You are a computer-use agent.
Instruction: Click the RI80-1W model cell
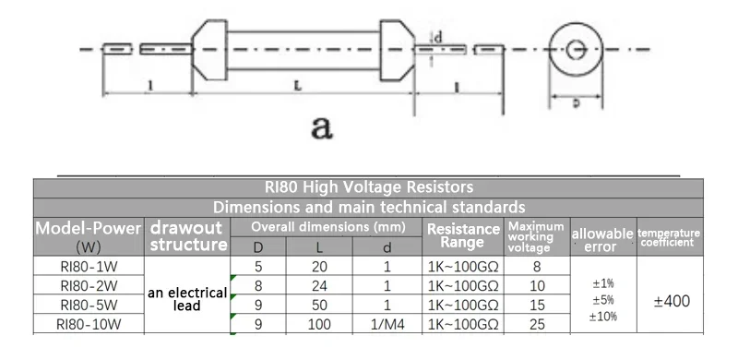[89, 267]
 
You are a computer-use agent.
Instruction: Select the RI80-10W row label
[89, 324]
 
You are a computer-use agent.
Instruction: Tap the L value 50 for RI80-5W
[319, 305]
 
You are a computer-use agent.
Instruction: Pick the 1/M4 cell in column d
[387, 324]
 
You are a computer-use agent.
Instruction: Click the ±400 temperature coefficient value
[672, 301]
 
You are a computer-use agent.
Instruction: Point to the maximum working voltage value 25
[537, 324]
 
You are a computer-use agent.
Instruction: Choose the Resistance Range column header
[463, 235]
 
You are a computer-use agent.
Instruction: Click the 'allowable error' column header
[603, 240]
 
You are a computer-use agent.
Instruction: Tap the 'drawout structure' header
[187, 235]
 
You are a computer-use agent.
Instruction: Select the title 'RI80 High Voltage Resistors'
[368, 187]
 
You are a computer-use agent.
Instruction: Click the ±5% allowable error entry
[603, 300]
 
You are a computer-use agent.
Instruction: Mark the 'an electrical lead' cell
[187, 299]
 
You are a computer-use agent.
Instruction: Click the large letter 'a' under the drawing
[322, 127]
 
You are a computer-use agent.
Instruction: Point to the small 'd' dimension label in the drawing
[437, 38]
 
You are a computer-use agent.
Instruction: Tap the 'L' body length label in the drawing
[298, 86]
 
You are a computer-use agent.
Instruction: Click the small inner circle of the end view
[575, 49]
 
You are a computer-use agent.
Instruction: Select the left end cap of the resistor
[209, 50]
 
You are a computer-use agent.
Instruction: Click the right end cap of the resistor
[398, 50]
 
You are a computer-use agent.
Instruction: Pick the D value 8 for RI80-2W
[258, 286]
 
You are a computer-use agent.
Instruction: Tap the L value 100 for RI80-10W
[319, 324]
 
